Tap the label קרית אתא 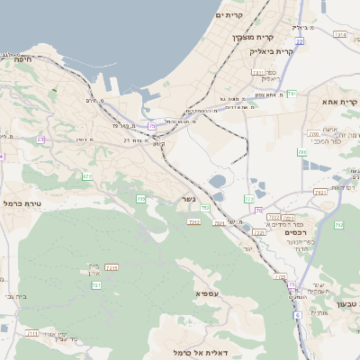339,102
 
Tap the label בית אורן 96,267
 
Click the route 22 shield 298,41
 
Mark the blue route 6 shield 298,316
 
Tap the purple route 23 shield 40,139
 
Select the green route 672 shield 86,177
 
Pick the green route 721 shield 96,285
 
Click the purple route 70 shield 258,211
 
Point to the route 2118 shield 112,267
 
